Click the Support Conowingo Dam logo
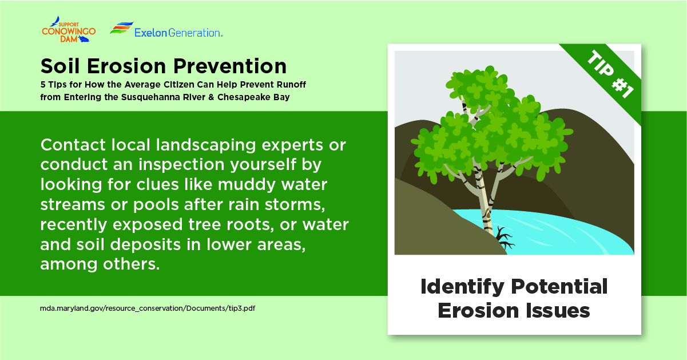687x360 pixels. (68, 31)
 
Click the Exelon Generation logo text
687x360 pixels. (178, 33)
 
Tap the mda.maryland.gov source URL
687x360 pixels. (148, 307)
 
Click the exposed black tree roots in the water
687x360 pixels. (505, 237)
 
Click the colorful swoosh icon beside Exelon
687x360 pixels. (121, 29)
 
